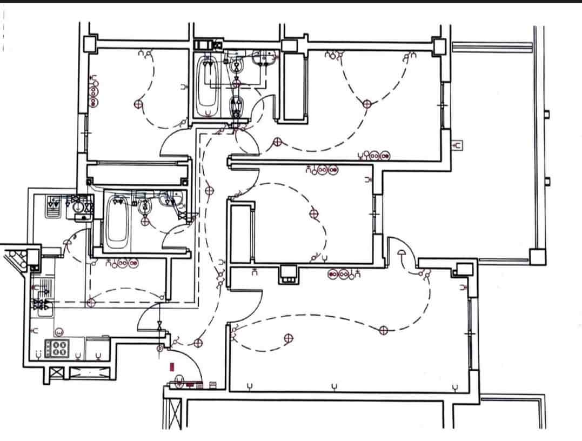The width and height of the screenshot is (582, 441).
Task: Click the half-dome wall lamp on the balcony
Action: click(x=402, y=252)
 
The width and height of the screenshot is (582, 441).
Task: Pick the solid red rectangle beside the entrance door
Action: click(x=172, y=367)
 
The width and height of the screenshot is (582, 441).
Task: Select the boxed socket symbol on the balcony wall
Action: click(x=458, y=145)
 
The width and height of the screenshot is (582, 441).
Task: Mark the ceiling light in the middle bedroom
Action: click(x=312, y=214)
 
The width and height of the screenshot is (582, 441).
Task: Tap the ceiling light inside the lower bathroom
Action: click(x=144, y=220)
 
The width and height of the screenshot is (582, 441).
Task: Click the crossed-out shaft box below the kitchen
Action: click(x=55, y=373)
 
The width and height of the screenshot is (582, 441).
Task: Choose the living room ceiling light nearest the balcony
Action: click(x=383, y=330)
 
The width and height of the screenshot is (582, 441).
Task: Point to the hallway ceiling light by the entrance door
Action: click(x=198, y=342)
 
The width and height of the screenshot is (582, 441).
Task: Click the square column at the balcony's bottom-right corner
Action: click(x=537, y=256)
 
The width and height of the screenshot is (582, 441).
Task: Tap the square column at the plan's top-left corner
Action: click(x=90, y=42)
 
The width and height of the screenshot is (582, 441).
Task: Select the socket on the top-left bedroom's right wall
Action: click(x=185, y=86)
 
